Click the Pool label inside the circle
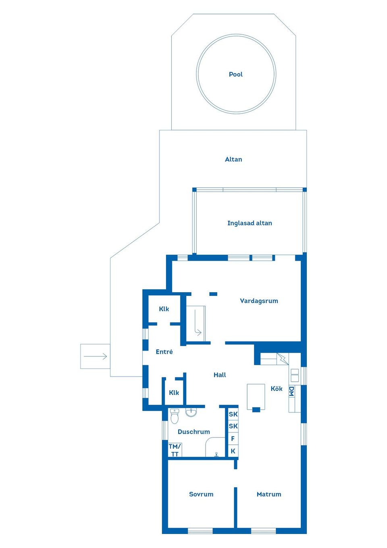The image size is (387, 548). [236, 74]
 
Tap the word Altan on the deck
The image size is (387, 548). [233, 159]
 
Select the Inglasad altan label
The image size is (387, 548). [250, 223]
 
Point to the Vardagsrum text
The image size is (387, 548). [259, 301]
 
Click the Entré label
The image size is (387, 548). [164, 352]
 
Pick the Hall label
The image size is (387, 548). [220, 375]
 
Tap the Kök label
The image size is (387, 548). [277, 389]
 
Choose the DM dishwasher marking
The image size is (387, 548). [291, 391]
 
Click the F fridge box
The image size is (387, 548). [233, 439]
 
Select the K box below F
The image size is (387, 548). [233, 451]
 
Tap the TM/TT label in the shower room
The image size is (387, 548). [175, 450]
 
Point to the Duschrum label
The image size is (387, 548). [193, 432]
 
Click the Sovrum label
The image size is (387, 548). [201, 494]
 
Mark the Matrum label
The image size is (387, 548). [269, 494]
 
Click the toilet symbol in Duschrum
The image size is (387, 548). [175, 416]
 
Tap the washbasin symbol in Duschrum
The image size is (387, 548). [191, 412]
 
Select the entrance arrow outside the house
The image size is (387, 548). [95, 356]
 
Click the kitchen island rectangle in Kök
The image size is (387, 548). [256, 396]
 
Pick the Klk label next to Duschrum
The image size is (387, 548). [174, 393]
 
